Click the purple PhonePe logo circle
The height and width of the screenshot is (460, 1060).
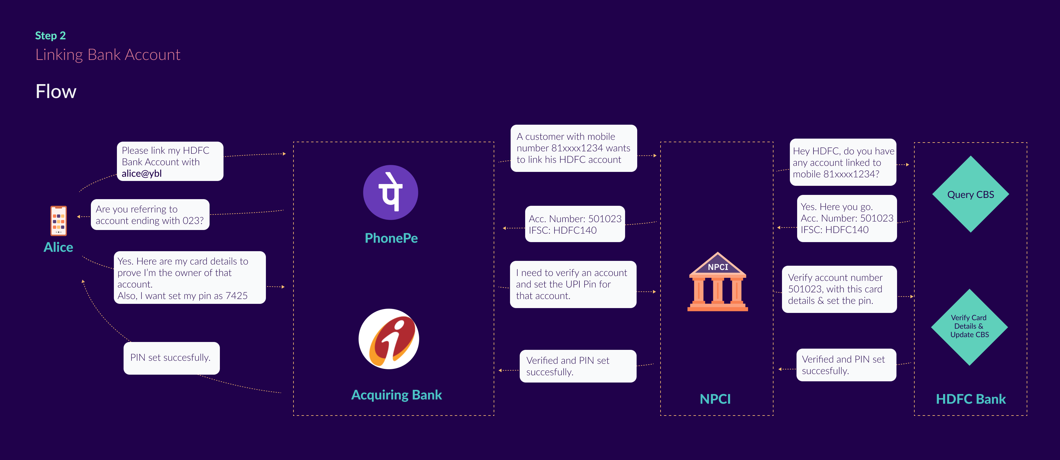pyautogui.click(x=390, y=192)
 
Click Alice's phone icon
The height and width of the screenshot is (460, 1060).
pyautogui.click(x=58, y=221)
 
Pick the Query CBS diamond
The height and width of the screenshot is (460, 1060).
pyautogui.click(x=970, y=195)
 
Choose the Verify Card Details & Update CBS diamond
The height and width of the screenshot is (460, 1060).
pyautogui.click(x=969, y=327)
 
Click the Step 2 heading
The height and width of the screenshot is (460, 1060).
pyautogui.click(x=50, y=36)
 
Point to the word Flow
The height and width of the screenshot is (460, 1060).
pyautogui.click(x=56, y=91)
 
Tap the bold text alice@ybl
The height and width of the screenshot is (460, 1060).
pyautogui.click(x=141, y=173)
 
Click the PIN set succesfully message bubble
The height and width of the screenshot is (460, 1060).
pyautogui.click(x=171, y=358)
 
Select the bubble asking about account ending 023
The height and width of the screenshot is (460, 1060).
pyautogui.click(x=150, y=215)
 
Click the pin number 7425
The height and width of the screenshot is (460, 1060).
pyautogui.click(x=236, y=296)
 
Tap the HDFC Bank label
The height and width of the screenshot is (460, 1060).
pyautogui.click(x=970, y=399)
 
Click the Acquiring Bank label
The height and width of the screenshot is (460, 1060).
pyautogui.click(x=396, y=395)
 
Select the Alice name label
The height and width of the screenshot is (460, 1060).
pyautogui.click(x=58, y=247)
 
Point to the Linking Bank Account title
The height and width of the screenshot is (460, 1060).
pyautogui.click(x=108, y=55)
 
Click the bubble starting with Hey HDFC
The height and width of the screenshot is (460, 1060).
pyautogui.click(x=843, y=163)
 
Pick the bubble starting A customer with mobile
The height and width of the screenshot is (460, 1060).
pyautogui.click(x=573, y=148)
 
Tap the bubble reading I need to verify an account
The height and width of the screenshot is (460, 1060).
pyautogui.click(x=573, y=284)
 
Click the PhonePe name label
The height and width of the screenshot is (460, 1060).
pyautogui.click(x=391, y=238)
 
